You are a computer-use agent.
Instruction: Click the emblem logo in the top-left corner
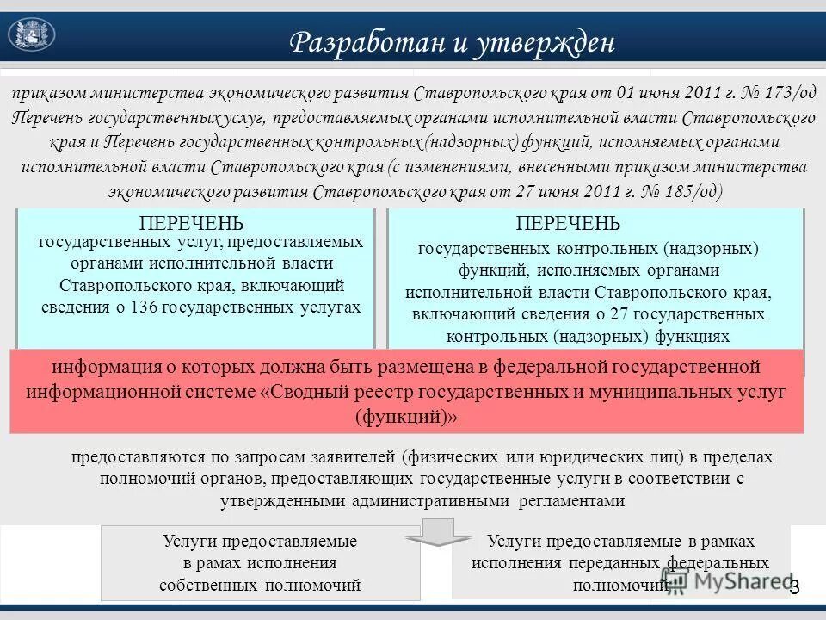(x=31, y=34)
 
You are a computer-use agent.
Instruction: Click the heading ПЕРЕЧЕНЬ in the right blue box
(x=567, y=224)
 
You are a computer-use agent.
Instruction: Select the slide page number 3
(x=794, y=587)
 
